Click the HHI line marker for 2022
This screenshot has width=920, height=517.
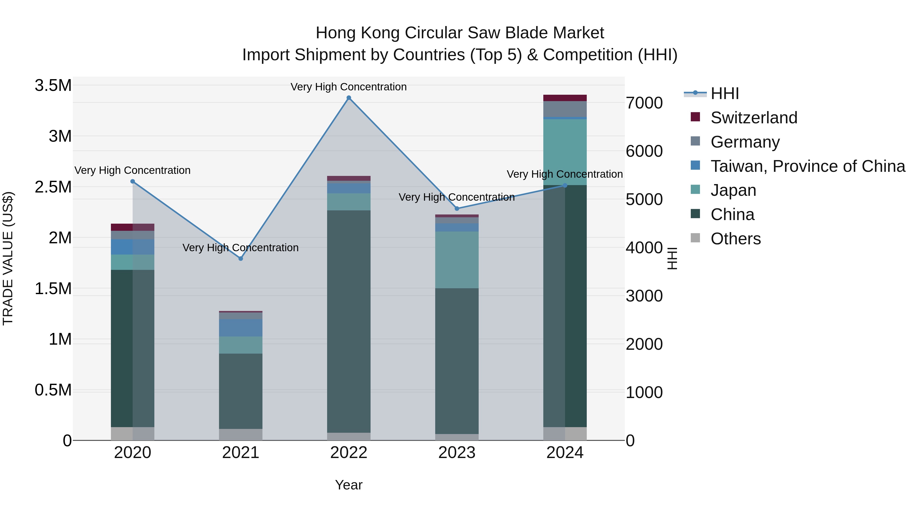pos(349,98)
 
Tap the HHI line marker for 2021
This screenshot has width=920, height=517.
pos(241,258)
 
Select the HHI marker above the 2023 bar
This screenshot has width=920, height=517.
pos(457,208)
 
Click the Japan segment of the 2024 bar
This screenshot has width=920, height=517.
pos(565,152)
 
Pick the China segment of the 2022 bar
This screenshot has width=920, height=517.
pos(349,321)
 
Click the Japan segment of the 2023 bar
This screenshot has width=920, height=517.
pos(457,260)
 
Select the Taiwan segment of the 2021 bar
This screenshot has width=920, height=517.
pos(241,328)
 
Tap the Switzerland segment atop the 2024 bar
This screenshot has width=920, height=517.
pos(565,98)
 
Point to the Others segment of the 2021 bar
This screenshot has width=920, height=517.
pos(241,434)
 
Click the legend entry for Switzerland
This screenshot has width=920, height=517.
pos(754,118)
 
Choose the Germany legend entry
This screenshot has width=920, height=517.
pos(745,142)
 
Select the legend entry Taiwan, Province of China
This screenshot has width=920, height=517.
pos(807,166)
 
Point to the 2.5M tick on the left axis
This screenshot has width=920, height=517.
pos(53,187)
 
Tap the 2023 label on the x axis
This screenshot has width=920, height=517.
pos(457,453)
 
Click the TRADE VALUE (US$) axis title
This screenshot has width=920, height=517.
pos(8,258)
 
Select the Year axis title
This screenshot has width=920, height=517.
pos(349,485)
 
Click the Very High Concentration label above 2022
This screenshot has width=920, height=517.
pos(349,87)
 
